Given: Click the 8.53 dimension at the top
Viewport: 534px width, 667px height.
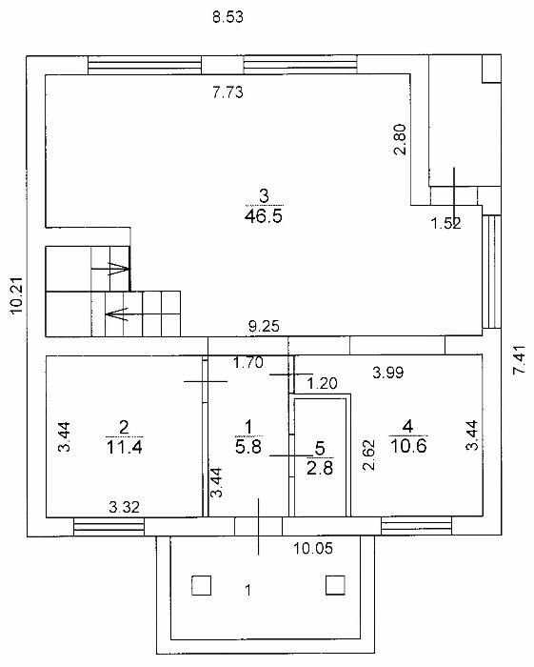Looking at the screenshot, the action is point(227,17).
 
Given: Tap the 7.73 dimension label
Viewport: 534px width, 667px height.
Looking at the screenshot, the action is point(227,91).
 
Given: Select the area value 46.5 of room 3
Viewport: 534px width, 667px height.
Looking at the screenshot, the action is point(264,216).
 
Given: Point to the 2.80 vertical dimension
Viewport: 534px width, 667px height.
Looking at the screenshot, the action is point(400,139).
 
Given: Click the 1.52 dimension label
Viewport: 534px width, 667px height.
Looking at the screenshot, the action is point(446,223).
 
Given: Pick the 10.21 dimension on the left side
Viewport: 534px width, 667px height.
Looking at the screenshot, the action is point(17,295).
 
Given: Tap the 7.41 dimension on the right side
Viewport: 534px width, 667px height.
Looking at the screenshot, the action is point(520,360).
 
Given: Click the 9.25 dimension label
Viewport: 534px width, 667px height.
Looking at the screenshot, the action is point(265,326).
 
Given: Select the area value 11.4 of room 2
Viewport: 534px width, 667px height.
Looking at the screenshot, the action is point(124,447).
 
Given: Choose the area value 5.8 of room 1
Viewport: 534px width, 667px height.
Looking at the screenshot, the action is point(249,447).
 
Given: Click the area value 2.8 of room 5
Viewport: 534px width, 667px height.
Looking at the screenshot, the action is point(320,468).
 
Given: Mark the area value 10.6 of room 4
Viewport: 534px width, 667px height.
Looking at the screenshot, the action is point(407,446).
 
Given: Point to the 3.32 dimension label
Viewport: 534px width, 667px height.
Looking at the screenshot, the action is point(124,507).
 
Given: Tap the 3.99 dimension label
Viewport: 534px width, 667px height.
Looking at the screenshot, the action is point(387,373).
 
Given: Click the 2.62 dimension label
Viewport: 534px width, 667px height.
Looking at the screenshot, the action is point(368,455).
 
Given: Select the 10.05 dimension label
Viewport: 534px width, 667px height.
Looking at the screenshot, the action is point(313,548).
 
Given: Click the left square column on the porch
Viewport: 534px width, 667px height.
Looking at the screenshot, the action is point(202,585).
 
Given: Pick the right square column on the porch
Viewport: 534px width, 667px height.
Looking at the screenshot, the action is point(335,585).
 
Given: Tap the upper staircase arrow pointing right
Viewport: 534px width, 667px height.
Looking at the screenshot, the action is point(110,269).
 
